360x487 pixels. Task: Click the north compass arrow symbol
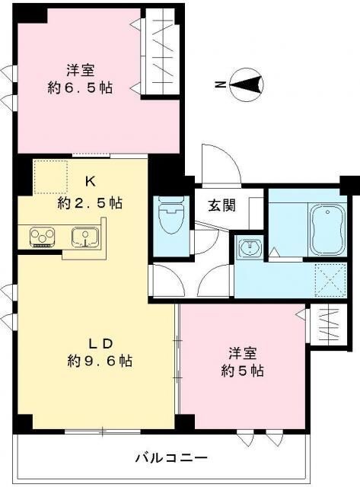tap(246, 84)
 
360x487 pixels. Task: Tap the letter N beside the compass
tap(219, 85)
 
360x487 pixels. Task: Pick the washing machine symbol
tap(250, 250)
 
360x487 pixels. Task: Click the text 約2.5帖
tap(90, 203)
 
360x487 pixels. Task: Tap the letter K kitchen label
tap(90, 182)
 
